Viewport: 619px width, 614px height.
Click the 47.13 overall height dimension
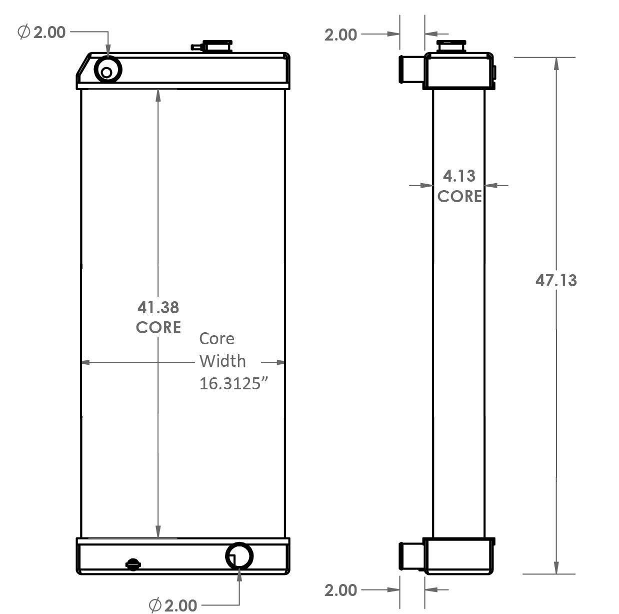556,280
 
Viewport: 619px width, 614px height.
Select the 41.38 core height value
158,307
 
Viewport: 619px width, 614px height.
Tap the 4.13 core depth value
459,176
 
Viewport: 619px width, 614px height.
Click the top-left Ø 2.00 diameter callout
42,32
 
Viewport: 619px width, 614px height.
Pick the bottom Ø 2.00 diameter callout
173,605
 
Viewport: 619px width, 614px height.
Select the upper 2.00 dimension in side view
340,35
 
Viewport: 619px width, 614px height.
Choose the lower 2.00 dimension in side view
340,590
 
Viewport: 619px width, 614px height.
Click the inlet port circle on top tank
107,70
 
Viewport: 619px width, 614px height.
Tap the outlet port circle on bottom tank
239,555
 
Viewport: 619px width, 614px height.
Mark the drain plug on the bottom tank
133,564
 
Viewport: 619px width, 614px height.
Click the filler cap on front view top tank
217,47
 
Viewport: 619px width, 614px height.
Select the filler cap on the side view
451,47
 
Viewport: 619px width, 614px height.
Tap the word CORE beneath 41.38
158,327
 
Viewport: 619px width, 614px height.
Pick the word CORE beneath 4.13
459,196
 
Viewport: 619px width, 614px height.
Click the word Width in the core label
222,361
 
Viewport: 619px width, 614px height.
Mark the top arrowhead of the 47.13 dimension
556,63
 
